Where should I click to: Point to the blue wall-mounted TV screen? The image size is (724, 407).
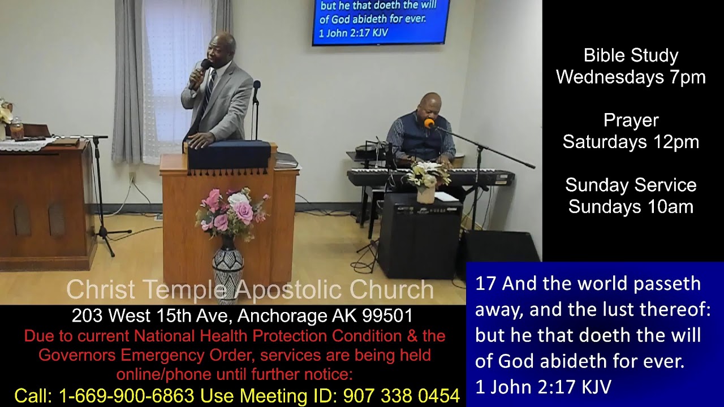point(381,21)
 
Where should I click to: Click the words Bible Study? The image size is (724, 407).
point(631,55)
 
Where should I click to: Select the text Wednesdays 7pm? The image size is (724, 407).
point(631,77)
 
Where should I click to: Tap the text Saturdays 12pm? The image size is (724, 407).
point(631,142)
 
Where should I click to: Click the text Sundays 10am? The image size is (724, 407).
point(631,207)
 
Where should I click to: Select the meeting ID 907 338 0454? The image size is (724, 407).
point(401,396)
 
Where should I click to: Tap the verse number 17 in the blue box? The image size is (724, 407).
point(485,283)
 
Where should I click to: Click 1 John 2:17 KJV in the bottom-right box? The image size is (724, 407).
point(543,387)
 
